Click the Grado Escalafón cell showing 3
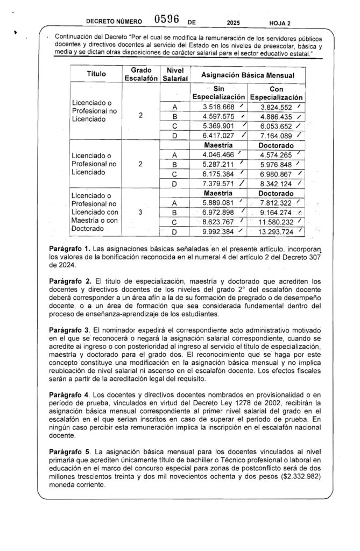coord(140,213)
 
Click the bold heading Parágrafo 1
coord(68,249)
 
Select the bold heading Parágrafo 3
coord(68,329)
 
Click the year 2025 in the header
coord(234,23)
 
